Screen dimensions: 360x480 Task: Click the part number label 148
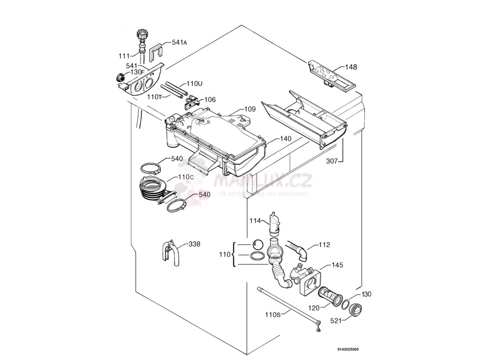point(351,67)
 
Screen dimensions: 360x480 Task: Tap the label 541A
point(180,42)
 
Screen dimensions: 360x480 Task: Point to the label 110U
point(194,83)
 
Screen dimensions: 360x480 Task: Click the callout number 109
point(250,109)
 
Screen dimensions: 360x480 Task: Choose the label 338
point(195,244)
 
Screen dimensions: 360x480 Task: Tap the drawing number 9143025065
point(348,349)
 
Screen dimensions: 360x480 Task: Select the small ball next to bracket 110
point(257,244)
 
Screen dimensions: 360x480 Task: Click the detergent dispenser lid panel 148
point(331,74)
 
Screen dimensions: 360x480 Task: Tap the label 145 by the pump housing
point(337,265)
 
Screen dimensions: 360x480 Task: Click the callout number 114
point(255,220)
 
